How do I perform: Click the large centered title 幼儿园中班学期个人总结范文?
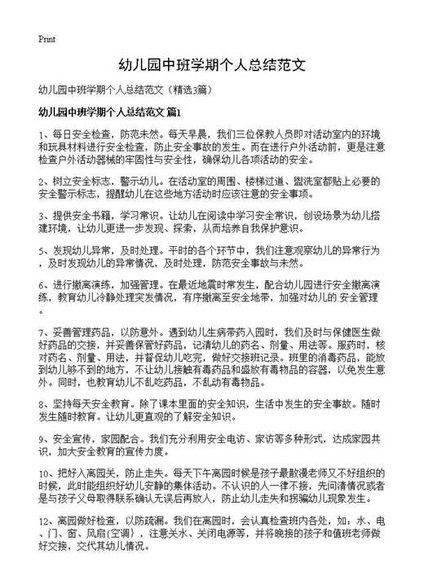coord(212,64)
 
